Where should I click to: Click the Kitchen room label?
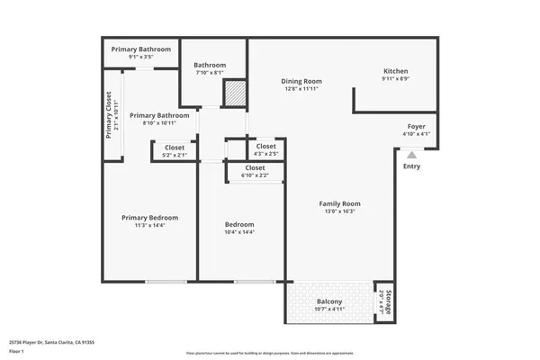[397, 70]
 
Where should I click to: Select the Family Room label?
[338, 203]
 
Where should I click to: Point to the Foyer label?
[417, 126]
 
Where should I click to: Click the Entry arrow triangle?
[411, 155]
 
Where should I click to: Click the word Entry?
[411, 166]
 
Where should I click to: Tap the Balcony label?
[329, 301]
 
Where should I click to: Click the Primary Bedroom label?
[150, 218]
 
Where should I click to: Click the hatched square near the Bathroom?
[234, 94]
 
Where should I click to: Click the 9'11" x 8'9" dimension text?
[397, 79]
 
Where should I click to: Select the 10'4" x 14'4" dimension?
[239, 233]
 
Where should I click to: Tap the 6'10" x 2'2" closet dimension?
[255, 175]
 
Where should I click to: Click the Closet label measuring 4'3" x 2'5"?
[266, 146]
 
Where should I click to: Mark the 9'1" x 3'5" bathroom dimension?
[141, 57]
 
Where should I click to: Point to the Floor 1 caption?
[16, 351]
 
